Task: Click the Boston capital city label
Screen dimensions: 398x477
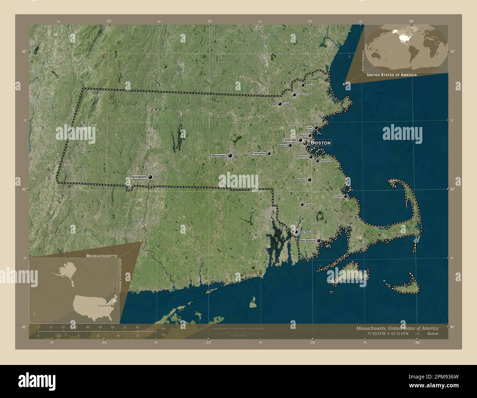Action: pyautogui.click(x=321, y=142)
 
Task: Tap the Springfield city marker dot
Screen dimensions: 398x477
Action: pyautogui.click(x=150, y=177)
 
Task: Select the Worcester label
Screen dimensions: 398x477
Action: pyautogui.click(x=219, y=156)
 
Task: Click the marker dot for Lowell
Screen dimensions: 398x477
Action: pyautogui.click(x=280, y=104)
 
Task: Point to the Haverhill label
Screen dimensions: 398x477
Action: pyautogui.click(x=310, y=85)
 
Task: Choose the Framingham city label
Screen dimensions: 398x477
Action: pyautogui.click(x=259, y=153)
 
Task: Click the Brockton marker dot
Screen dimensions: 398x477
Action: pyautogui.click(x=309, y=180)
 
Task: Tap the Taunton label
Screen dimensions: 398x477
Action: pyautogui.click(x=309, y=205)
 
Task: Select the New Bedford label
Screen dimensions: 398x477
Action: pyautogui.click(x=307, y=241)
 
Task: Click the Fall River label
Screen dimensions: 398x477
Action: pyautogui.click(x=305, y=232)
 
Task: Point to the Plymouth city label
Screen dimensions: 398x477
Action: pyautogui.click(x=337, y=196)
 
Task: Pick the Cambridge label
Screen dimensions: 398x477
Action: pyautogui.click(x=290, y=140)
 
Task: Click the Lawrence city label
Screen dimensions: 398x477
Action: pyautogui.click(x=303, y=95)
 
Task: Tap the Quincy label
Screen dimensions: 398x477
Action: pyautogui.click(x=303, y=157)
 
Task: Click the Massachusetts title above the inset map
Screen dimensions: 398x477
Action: pyautogui.click(x=102, y=255)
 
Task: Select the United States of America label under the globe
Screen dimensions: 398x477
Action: pyautogui.click(x=392, y=75)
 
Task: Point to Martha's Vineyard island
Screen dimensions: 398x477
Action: pyautogui.click(x=349, y=274)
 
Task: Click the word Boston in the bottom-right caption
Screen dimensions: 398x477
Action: pyautogui.click(x=432, y=334)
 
